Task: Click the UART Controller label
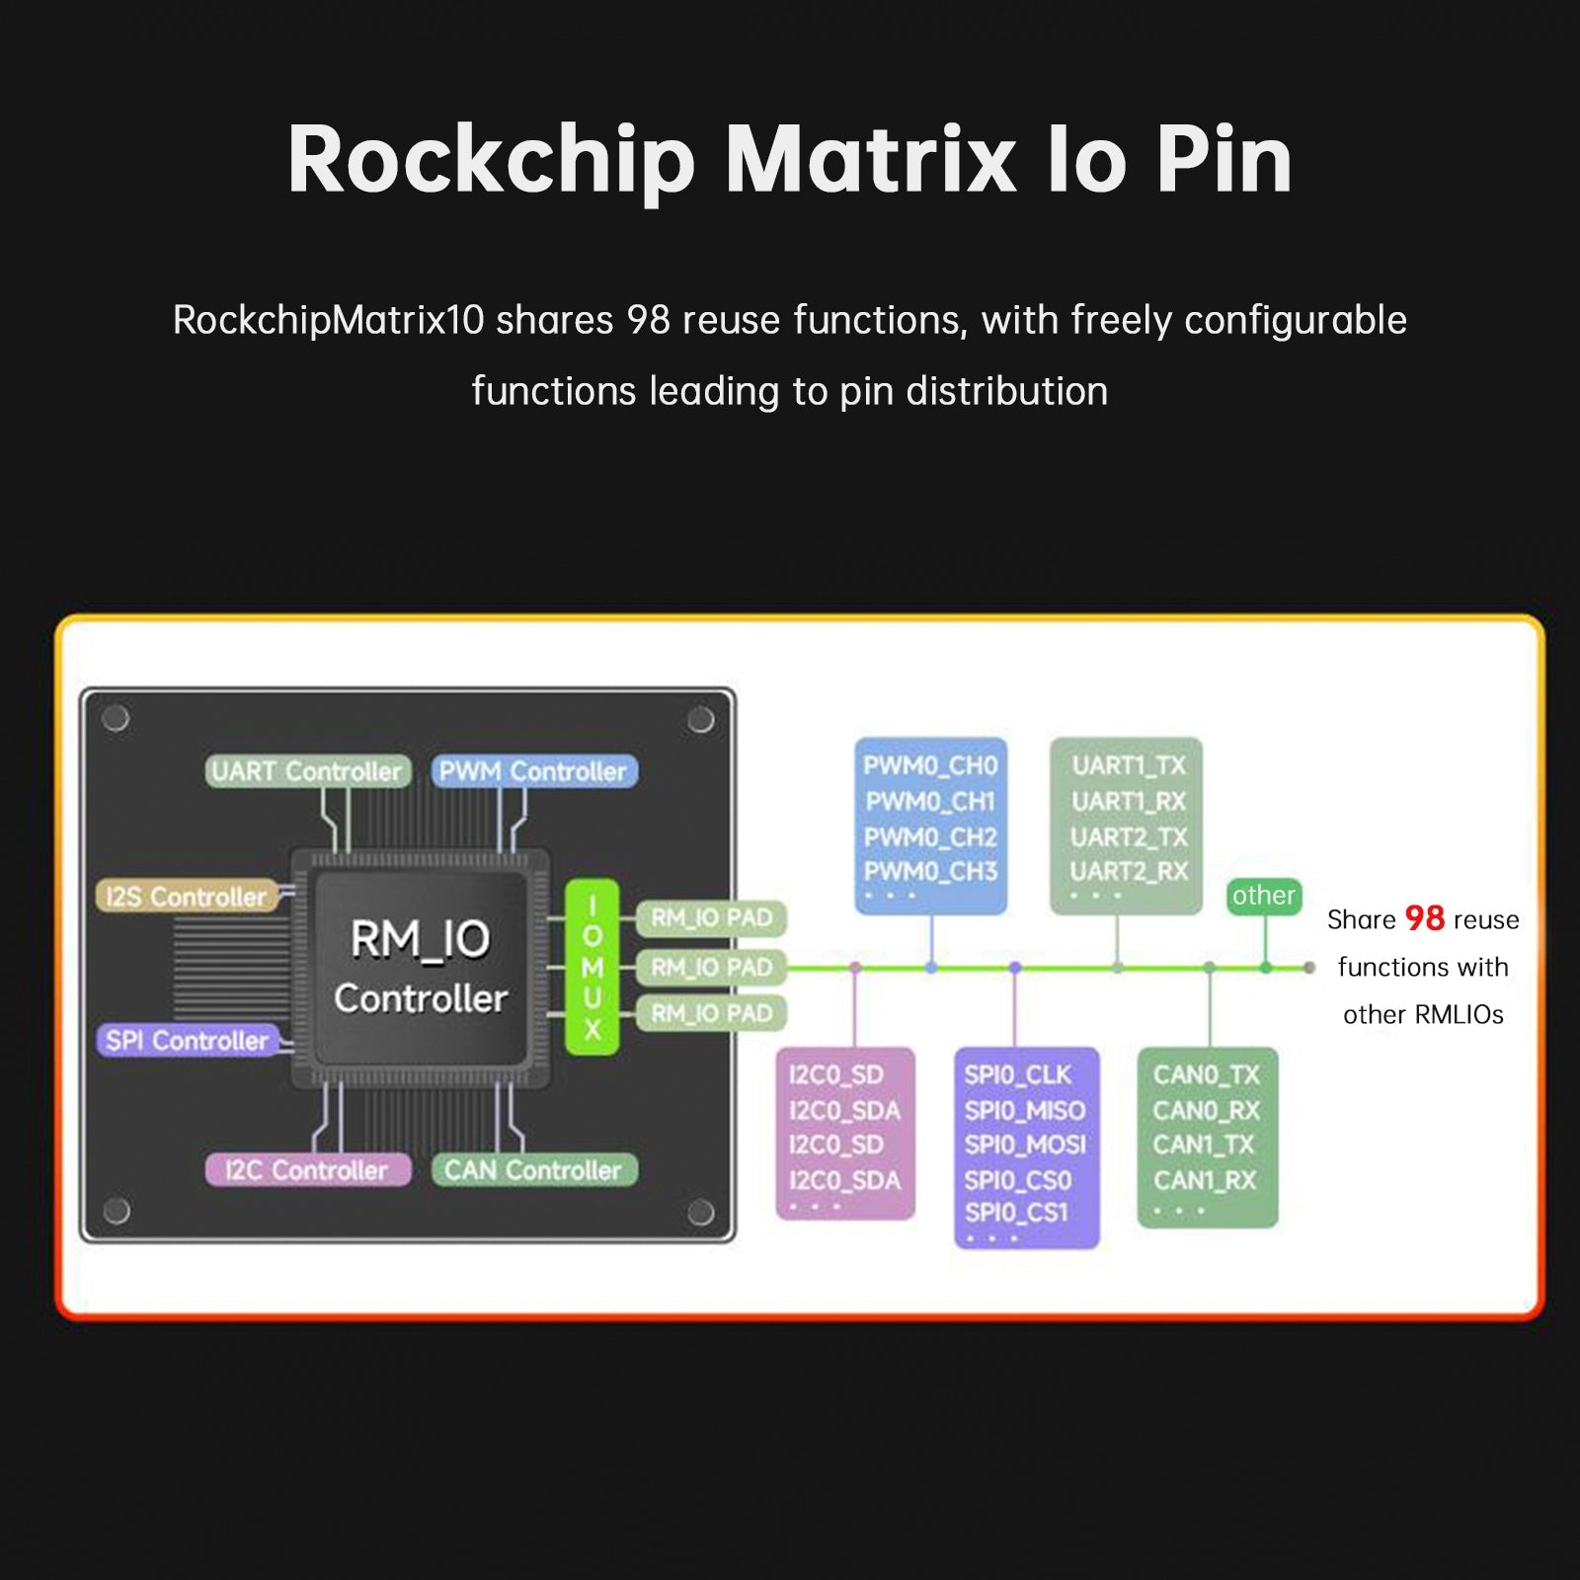[307, 771]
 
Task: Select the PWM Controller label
[533, 771]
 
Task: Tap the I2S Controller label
[187, 897]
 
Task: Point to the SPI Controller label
[187, 1040]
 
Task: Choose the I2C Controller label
[306, 1170]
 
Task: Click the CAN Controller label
[533, 1170]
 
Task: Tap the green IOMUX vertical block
[592, 967]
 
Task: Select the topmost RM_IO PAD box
[711, 917]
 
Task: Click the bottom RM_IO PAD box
[711, 1013]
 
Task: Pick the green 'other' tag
[1263, 896]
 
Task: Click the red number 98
[1424, 918]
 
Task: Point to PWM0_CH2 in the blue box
[930, 836]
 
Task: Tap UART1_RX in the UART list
[1129, 801]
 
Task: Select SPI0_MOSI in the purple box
[1024, 1145]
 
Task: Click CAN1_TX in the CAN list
[1204, 1145]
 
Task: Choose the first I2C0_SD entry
[835, 1074]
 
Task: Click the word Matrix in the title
[870, 160]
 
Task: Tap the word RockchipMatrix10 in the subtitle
[328, 320]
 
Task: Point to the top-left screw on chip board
[116, 718]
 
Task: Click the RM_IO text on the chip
[420, 938]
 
